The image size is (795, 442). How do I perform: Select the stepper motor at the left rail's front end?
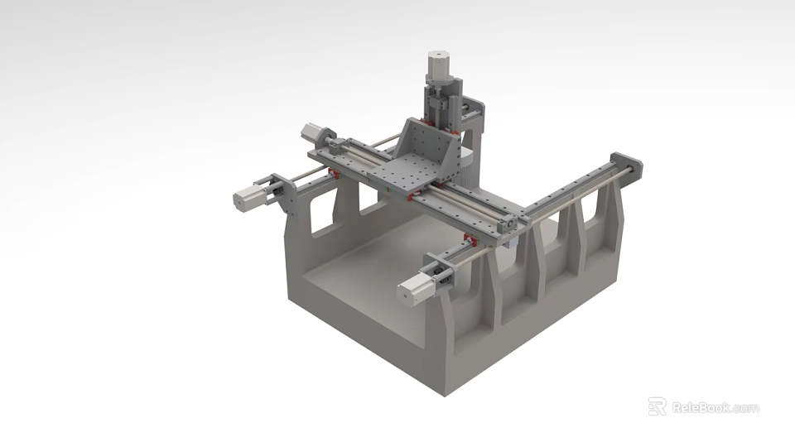pos(248,197)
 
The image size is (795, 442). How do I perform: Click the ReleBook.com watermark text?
pos(715,407)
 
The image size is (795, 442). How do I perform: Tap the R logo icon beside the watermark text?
pos(657,406)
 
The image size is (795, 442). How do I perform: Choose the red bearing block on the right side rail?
pos(470,240)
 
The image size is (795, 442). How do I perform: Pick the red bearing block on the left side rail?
pos(334,173)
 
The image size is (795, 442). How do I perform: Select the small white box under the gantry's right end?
pos(514,241)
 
